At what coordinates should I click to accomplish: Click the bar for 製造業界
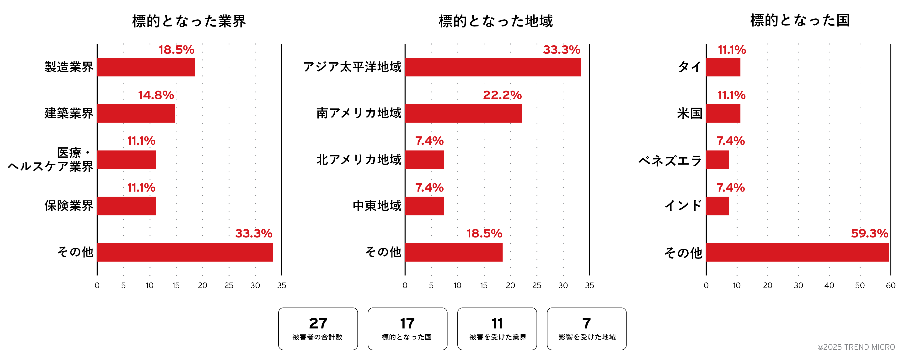pos(146,67)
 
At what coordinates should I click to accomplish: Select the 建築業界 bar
pos(136,113)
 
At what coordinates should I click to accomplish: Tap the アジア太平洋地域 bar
pos(493,67)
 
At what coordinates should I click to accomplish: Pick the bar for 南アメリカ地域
pos(463,113)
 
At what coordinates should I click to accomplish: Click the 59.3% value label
pos(869,234)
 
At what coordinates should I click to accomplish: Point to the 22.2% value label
pos(502,95)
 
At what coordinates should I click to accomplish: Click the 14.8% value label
pos(156,95)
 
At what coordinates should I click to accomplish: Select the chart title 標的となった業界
pos(189,21)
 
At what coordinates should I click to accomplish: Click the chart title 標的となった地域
pos(496,21)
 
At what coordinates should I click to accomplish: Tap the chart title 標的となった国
pos(800,20)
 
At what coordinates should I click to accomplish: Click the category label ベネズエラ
pos(670,161)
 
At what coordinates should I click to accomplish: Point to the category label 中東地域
pos(377,206)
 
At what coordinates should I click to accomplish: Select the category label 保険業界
pos(69,206)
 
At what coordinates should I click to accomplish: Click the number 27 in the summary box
pos(318,323)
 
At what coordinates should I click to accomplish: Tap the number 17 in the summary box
pos(407,323)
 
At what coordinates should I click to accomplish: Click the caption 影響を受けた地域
pos(587,337)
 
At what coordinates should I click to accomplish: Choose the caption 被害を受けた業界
pos(498,337)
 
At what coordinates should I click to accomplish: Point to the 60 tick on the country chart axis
pos(891,285)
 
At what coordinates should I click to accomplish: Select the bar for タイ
pos(723,67)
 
